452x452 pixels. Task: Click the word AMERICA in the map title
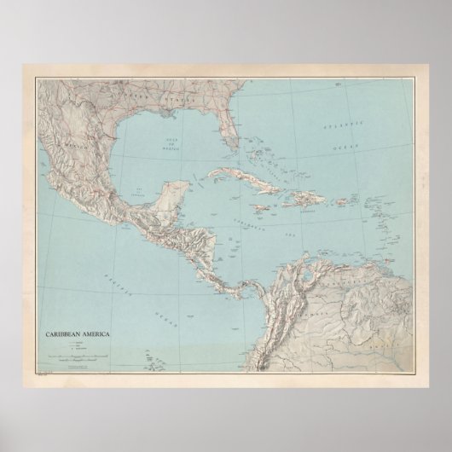point(97,324)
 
